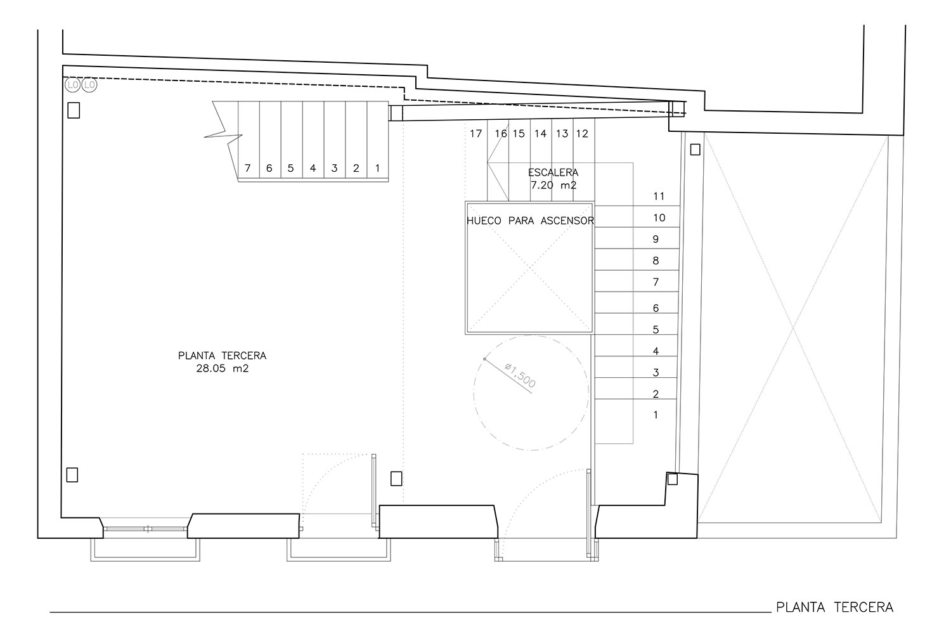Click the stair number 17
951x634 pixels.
476,134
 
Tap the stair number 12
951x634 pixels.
582,134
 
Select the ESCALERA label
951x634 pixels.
553,172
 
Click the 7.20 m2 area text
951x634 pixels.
553,185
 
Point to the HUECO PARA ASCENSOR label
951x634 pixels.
530,221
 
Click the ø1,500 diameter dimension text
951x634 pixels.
520,375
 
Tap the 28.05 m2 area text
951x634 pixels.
223,368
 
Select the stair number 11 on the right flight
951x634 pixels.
659,196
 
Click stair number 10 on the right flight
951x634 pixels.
659,218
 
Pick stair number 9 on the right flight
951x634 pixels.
656,240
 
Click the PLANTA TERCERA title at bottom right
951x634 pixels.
835,607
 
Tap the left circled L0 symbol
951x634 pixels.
73,86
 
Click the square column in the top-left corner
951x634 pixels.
74,110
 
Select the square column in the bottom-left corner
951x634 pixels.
72,475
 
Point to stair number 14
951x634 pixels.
540,134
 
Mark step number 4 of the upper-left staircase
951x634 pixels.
313,168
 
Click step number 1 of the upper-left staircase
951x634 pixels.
377,168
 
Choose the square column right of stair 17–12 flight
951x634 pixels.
695,150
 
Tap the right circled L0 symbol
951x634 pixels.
89,86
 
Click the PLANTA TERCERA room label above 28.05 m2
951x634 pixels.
223,356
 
